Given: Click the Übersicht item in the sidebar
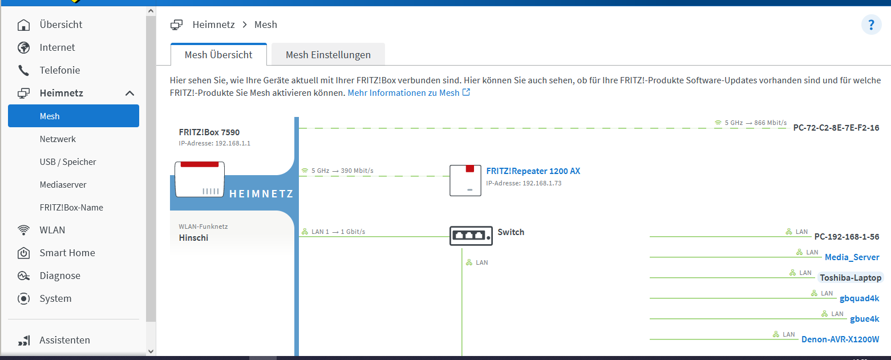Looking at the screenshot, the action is tap(60, 25).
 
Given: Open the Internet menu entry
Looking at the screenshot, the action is tap(57, 47).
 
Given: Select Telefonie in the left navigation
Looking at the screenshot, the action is tap(59, 70).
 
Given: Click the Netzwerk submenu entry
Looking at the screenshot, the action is tap(58, 139).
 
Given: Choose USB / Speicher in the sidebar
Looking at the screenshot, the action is tap(68, 162).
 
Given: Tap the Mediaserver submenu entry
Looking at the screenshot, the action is tap(63, 185).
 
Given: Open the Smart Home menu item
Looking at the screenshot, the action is tap(67, 253).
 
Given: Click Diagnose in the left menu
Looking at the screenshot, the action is tap(60, 276).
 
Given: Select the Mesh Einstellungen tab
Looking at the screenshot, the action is tap(328, 55).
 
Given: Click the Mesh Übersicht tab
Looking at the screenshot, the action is tap(218, 55).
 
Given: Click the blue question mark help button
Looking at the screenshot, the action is tap(871, 25).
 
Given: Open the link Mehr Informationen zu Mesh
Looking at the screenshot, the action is tap(408, 92).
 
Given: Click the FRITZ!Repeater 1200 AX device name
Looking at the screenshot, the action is tap(533, 171).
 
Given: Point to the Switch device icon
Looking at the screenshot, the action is tap(471, 234).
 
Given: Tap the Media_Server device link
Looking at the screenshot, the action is tap(852, 257).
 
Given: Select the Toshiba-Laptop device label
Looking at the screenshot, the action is tap(850, 278).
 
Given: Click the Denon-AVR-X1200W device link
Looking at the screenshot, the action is tap(840, 339).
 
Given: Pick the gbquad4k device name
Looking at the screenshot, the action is tap(859, 298).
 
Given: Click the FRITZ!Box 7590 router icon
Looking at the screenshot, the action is tap(199, 179).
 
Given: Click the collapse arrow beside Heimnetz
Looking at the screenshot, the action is tap(130, 93).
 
